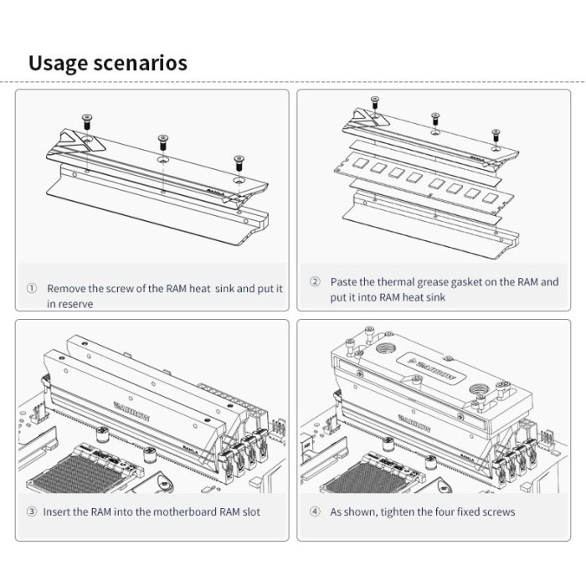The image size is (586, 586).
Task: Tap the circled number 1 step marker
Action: [x=32, y=288]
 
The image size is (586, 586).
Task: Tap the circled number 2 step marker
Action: [x=315, y=282]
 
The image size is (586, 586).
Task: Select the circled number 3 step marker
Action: [x=32, y=511]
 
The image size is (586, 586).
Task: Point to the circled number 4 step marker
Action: [x=315, y=511]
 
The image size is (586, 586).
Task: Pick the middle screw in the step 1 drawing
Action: [x=161, y=140]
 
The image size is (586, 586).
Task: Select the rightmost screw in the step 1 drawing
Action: [x=239, y=160]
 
